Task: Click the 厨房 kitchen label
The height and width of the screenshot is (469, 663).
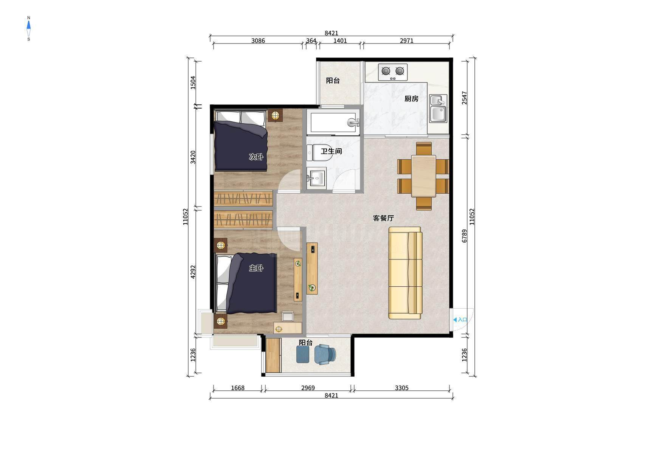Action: (x=411, y=99)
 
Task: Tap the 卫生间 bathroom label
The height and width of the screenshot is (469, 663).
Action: (x=331, y=151)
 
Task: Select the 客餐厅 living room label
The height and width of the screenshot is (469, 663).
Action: (x=383, y=218)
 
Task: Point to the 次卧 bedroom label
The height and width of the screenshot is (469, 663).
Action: (x=256, y=157)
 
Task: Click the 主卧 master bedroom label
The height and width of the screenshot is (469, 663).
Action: (x=256, y=268)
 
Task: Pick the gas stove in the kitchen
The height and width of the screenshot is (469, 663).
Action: (x=393, y=72)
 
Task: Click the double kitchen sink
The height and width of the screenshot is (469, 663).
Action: (x=438, y=108)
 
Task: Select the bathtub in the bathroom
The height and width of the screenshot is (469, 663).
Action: (x=333, y=121)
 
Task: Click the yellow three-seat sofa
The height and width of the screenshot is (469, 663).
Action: (x=405, y=273)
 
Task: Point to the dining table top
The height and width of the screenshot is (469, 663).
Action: (x=423, y=176)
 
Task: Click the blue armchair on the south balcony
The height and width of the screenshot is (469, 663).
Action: (x=325, y=354)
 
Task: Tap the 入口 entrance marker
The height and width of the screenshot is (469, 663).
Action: (x=460, y=320)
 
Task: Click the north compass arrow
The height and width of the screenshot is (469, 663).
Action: (x=29, y=26)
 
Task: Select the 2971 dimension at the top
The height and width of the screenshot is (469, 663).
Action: (x=407, y=41)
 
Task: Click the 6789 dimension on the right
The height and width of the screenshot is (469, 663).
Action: (x=465, y=236)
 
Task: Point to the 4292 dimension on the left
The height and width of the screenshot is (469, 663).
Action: (x=193, y=272)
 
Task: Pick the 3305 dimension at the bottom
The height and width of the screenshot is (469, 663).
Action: (x=401, y=388)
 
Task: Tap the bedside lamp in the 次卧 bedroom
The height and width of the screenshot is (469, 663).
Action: (x=276, y=115)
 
